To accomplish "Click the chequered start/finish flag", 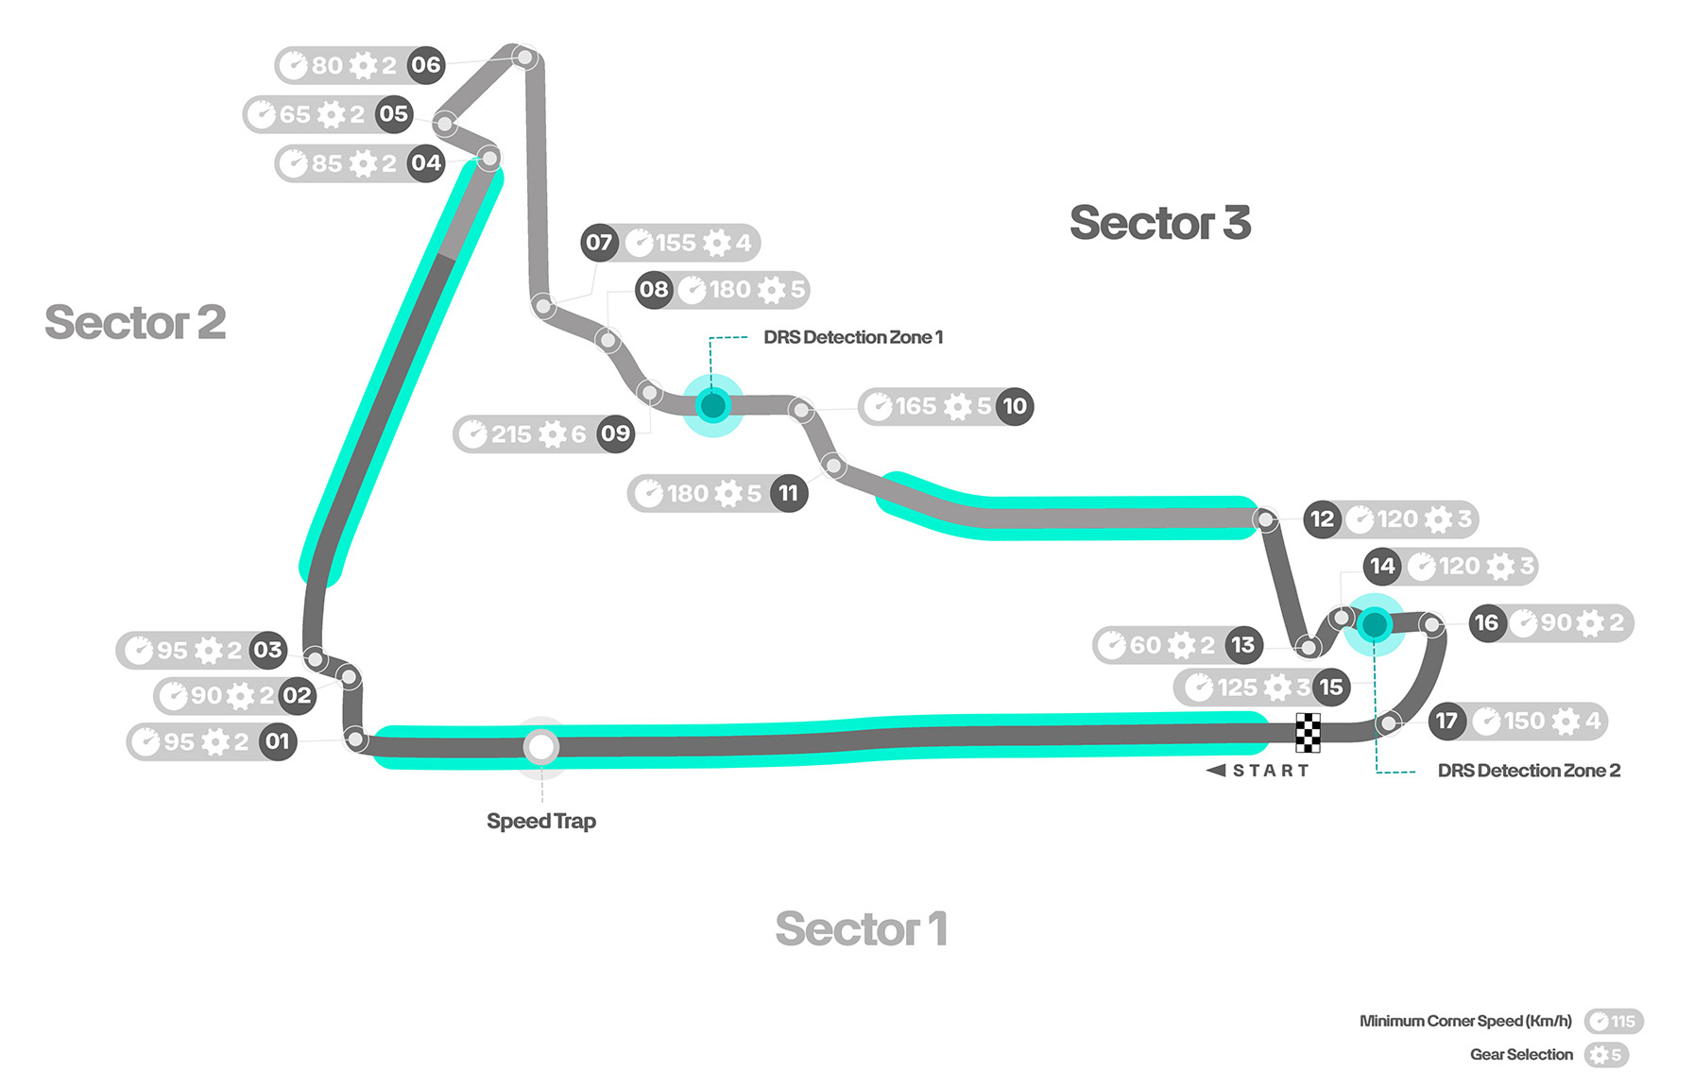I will [x=1307, y=732].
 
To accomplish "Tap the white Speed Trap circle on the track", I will [x=541, y=747].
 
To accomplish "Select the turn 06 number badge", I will [x=426, y=65].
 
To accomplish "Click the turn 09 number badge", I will [x=615, y=434].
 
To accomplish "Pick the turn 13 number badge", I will [x=1243, y=645].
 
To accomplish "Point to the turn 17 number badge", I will [x=1446, y=722].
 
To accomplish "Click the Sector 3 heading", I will [x=1159, y=224].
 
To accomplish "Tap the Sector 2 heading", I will [x=135, y=323].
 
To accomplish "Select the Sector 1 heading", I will [x=861, y=929].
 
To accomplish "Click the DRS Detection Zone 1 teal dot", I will [x=712, y=406].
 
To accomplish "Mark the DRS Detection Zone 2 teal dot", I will [x=1375, y=624].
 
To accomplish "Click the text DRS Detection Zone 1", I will [x=852, y=337].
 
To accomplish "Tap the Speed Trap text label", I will [x=541, y=822].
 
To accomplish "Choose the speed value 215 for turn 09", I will [x=511, y=434].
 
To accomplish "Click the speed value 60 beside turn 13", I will [x=1145, y=645].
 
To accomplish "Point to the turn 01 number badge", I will [x=277, y=741].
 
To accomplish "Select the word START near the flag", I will [x=1271, y=771].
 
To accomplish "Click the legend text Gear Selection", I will [x=1521, y=1055].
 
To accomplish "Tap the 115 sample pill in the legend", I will [x=1615, y=1022].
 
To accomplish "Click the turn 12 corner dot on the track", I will [x=1265, y=519].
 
